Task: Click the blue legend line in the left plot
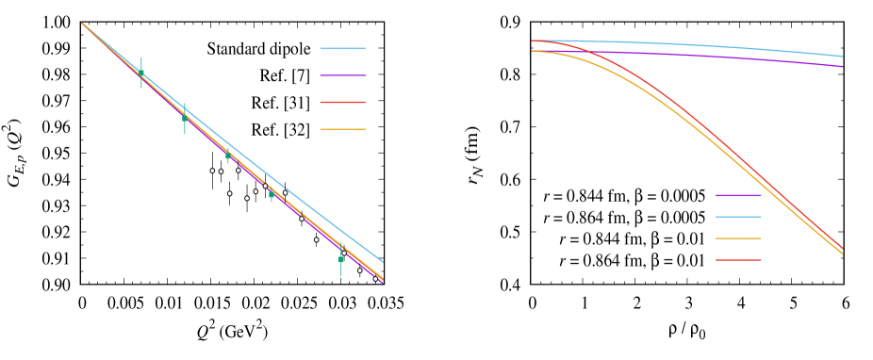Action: pos(342,48)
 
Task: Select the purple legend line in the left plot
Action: pos(342,75)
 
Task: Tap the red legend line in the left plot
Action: pos(342,102)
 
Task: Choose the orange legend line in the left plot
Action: pos(342,129)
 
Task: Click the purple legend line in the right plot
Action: pos(738,195)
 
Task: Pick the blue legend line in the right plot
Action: pos(738,217)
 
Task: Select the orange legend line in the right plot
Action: pos(738,238)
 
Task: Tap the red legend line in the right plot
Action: pos(738,260)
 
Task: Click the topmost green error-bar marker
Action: pos(141,73)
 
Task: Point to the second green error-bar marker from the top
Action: pos(185,119)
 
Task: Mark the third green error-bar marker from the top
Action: pos(227,155)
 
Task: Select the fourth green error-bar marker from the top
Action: pos(272,194)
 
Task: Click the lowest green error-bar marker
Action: pos(340,259)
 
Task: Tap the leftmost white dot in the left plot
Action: pos(212,171)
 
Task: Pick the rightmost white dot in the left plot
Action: pos(375,279)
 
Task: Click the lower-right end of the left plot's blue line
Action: pos(382,261)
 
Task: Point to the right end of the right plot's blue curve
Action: pos(842,57)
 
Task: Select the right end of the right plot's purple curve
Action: pos(842,67)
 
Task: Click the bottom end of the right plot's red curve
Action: pos(842,249)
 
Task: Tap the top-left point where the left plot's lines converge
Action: pos(83,24)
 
